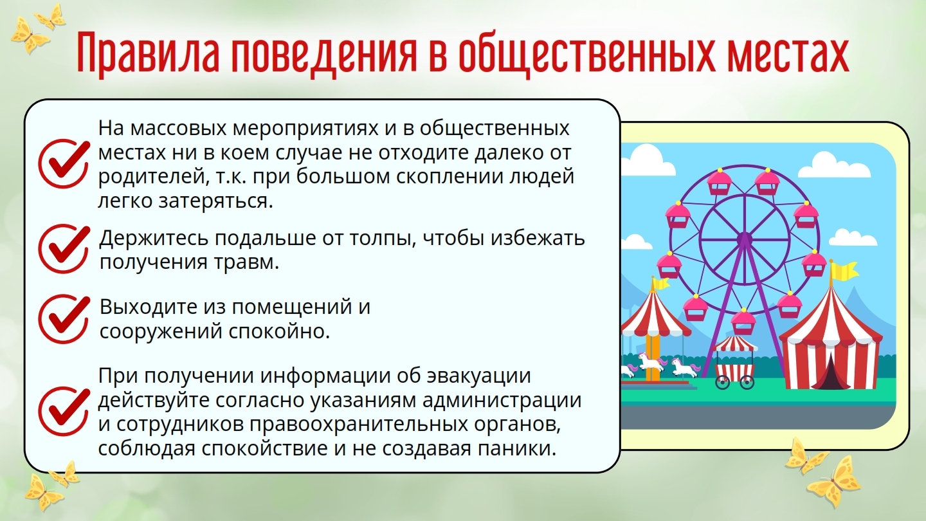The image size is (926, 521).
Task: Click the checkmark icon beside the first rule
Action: point(64,163)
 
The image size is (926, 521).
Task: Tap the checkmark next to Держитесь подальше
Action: point(64,249)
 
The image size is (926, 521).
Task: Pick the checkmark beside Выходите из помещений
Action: point(64,318)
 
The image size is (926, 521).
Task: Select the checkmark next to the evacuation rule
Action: point(64,412)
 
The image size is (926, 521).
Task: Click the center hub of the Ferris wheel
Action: point(744,239)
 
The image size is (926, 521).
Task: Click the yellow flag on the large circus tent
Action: point(843,271)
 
